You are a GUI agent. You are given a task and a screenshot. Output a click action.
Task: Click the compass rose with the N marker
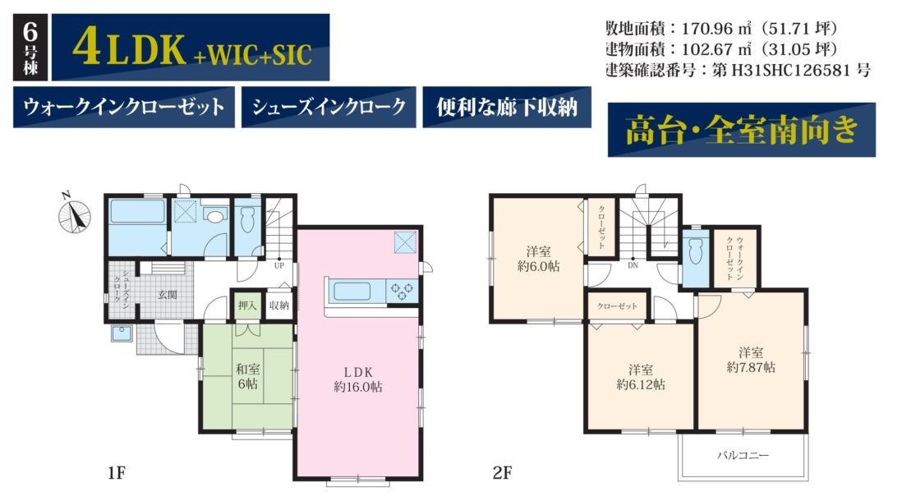click(74, 216)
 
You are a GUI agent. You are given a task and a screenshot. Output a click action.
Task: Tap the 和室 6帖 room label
click(248, 376)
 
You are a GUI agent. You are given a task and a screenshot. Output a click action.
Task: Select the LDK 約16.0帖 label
click(358, 379)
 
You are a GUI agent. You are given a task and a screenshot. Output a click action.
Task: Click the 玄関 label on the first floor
click(168, 295)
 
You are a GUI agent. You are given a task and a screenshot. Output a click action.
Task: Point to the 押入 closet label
click(247, 306)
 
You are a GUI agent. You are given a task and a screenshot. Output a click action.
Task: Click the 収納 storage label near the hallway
click(279, 306)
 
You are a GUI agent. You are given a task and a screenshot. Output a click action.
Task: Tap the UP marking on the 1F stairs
click(279, 266)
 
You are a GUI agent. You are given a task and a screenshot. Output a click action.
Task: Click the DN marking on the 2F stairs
click(633, 266)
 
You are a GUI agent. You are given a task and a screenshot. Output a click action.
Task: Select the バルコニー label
click(743, 456)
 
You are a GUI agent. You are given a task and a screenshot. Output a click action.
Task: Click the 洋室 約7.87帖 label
click(751, 360)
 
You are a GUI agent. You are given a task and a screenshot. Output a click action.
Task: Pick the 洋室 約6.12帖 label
click(640, 377)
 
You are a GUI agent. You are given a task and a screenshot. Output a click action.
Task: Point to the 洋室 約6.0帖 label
click(538, 259)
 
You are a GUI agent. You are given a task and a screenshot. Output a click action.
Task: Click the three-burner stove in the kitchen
click(402, 291)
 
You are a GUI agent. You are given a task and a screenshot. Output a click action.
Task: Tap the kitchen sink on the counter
click(352, 291)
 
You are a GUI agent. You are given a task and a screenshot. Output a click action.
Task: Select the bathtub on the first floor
click(137, 211)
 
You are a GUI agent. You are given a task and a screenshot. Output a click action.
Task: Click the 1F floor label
click(116, 473)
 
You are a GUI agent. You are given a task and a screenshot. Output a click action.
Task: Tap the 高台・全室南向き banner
click(742, 130)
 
